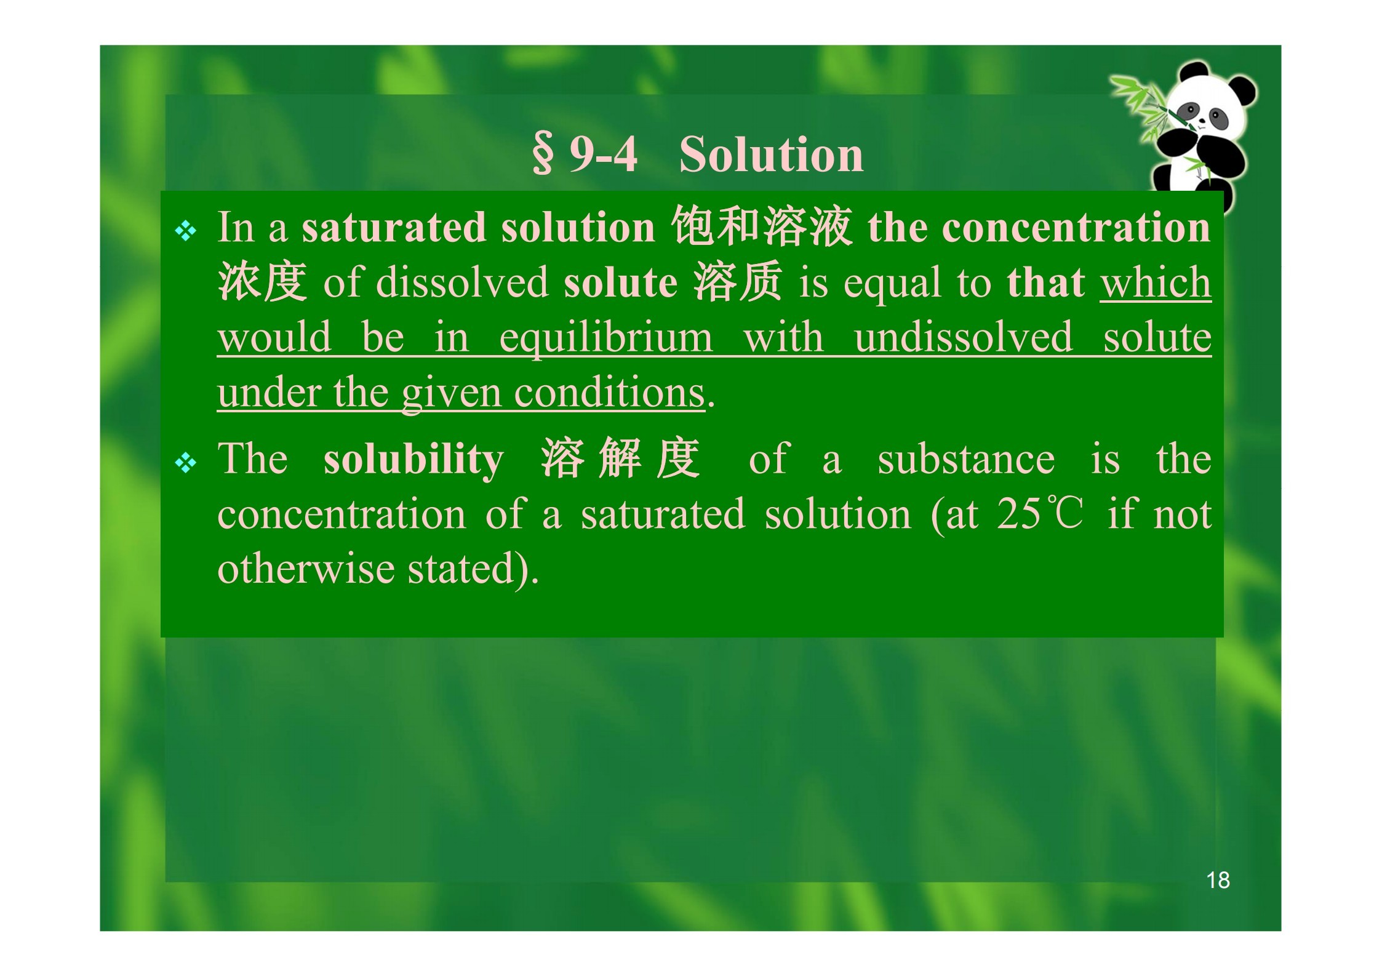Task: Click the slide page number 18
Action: [1218, 880]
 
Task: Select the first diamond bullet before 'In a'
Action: [185, 231]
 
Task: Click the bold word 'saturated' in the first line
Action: [394, 227]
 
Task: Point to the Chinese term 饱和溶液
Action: [762, 226]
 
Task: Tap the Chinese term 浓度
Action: [262, 281]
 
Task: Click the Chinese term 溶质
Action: [738, 281]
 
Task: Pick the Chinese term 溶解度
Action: [621, 458]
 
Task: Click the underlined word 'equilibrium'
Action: [606, 338]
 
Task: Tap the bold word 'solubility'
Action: [413, 460]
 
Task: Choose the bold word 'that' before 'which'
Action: [1045, 282]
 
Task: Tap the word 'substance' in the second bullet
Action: [966, 460]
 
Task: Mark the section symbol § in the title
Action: [542, 154]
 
